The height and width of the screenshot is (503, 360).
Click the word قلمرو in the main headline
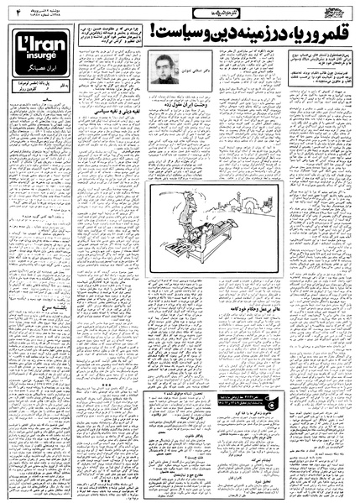[x=330, y=31]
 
